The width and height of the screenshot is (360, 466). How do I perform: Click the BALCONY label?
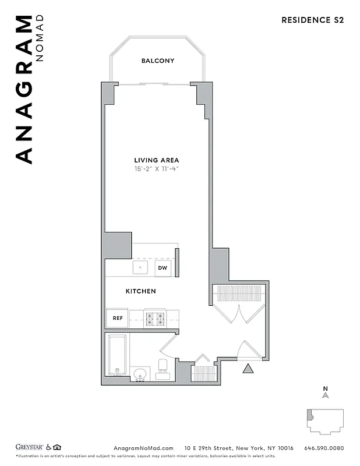click(157, 61)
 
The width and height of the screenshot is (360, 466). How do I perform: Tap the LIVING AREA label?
click(156, 160)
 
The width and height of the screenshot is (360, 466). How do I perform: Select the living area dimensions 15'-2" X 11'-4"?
click(156, 169)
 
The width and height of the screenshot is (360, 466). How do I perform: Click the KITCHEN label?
click(140, 291)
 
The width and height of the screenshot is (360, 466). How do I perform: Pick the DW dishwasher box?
click(163, 268)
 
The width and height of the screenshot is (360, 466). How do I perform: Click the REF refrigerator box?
click(117, 318)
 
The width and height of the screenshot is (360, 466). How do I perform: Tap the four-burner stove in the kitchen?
click(155, 319)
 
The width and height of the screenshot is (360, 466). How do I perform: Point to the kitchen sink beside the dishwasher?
click(140, 267)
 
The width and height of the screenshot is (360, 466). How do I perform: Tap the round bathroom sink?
click(140, 373)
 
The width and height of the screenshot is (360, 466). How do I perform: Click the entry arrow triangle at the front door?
click(248, 368)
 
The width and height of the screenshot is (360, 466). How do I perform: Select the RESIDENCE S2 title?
click(312, 20)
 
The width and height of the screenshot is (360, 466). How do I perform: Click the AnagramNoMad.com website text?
click(140, 448)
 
